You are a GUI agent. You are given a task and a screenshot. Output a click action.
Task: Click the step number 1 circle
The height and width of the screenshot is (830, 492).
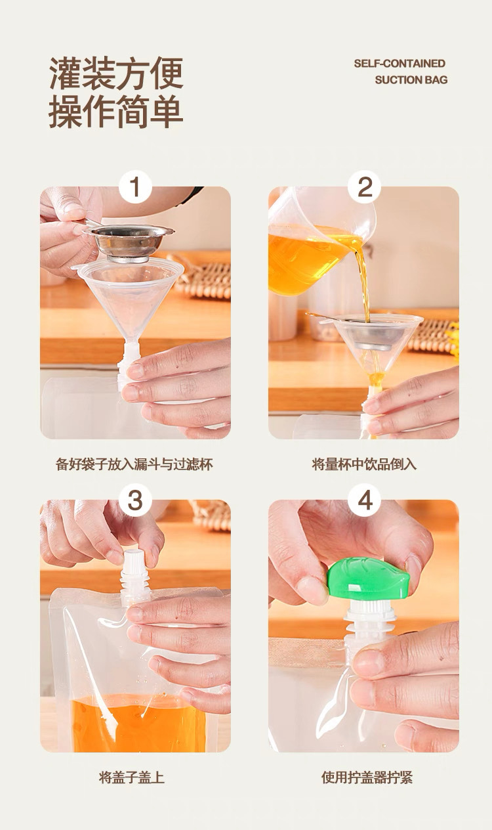click(135, 186)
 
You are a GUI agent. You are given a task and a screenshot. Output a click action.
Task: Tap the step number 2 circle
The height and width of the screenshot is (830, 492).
click(365, 186)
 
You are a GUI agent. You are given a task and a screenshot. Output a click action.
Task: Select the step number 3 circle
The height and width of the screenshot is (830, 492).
click(135, 500)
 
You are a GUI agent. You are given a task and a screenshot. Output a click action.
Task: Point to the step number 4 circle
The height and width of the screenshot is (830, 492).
click(365, 500)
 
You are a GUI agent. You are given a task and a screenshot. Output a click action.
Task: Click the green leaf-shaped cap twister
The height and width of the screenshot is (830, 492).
click(369, 579)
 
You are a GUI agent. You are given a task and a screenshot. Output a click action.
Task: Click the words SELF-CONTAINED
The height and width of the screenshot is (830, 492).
click(400, 63)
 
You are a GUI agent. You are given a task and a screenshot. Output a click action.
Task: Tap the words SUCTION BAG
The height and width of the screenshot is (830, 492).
click(411, 79)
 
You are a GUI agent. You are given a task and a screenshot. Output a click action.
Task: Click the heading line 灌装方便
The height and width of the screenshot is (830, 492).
click(116, 73)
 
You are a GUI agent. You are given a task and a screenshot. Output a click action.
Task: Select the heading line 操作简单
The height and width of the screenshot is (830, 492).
click(116, 111)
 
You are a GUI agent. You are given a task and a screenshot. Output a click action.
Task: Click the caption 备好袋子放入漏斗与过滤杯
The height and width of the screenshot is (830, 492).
click(134, 464)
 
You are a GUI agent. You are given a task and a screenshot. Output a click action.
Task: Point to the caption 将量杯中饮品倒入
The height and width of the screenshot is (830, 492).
click(364, 464)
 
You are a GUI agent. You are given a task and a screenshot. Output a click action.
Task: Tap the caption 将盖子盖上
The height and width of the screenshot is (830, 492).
click(131, 777)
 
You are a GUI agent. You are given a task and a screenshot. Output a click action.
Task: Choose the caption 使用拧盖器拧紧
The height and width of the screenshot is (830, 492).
click(367, 777)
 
